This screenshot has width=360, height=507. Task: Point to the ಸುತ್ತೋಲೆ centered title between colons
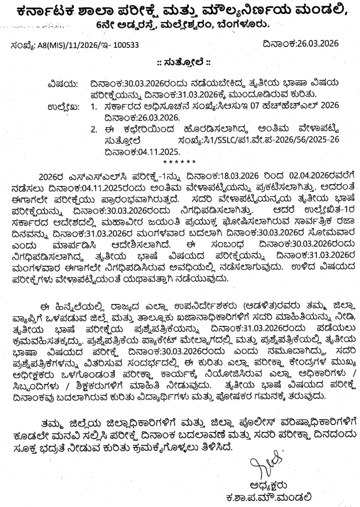point(180,62)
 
